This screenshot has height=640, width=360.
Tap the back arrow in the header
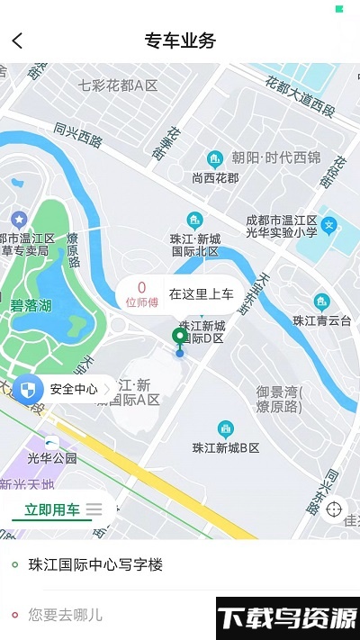17,41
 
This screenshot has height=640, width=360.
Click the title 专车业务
180,41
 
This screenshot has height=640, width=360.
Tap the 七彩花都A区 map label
118,86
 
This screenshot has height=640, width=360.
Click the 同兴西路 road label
78,135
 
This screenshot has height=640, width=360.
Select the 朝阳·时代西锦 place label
275,158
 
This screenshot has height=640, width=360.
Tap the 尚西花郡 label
215,177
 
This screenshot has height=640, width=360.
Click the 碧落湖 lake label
31,306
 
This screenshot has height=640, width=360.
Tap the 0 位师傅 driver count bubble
141,294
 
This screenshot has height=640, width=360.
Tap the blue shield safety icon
30,390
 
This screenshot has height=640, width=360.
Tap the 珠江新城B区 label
226,447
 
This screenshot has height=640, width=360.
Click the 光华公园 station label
52,458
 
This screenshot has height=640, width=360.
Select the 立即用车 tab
51,509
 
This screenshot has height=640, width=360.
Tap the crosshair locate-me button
334,509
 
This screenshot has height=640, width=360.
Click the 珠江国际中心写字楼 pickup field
96,564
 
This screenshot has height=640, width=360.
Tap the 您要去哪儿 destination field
66,616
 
